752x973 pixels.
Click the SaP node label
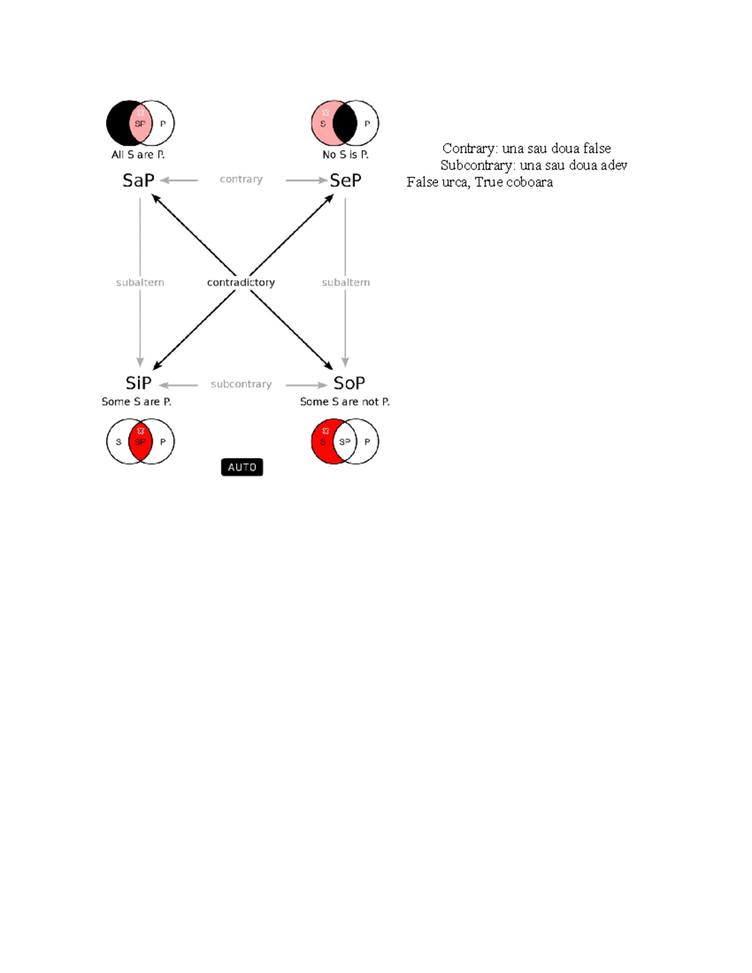(138, 180)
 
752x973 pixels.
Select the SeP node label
(345, 180)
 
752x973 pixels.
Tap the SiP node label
(138, 383)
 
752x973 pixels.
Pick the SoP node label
(349, 383)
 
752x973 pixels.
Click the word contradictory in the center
(241, 283)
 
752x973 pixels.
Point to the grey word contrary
(241, 179)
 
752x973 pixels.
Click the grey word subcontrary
(241, 384)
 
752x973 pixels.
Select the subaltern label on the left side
(140, 283)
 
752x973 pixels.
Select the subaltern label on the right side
(345, 283)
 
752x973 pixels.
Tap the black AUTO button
(242, 467)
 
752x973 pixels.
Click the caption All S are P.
(138, 155)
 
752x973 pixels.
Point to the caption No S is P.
(345, 155)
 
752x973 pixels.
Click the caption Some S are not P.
(345, 402)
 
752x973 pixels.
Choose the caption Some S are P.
(137, 402)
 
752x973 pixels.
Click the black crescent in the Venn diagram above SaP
(118, 123)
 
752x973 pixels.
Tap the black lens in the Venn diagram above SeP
(345, 123)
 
